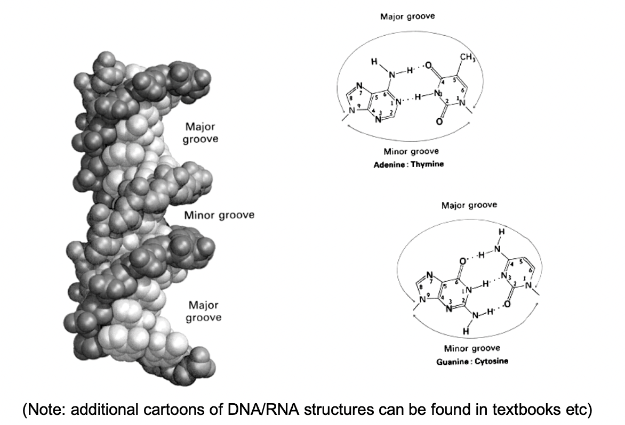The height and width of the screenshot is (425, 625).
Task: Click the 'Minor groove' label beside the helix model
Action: coord(219,216)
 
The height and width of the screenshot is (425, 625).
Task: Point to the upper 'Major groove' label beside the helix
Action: coord(202,133)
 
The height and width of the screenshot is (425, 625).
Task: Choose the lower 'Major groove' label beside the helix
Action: coord(205,311)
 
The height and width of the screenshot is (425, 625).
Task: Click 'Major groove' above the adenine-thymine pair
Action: coord(407,17)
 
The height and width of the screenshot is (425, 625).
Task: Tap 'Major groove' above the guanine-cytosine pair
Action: coord(469,205)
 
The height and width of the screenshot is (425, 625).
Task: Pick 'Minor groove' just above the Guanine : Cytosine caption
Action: coord(472,348)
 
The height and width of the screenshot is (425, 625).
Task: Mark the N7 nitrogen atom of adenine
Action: coord(358,85)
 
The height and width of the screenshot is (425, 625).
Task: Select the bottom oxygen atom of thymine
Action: coord(439,122)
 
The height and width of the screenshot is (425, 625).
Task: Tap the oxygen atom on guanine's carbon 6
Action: coord(462,261)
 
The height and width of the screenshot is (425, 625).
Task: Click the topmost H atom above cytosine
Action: coord(501,233)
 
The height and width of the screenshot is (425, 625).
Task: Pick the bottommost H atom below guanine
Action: coord(465,331)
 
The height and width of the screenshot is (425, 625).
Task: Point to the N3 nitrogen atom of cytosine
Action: coord(503,276)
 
